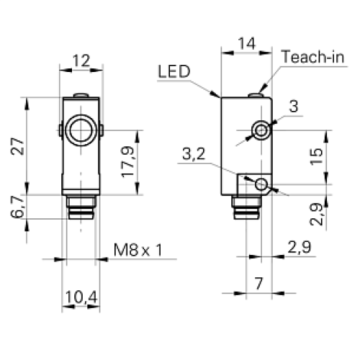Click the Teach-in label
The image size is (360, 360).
click(x=313, y=57)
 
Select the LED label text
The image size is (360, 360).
click(x=174, y=71)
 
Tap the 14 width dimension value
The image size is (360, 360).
click(x=247, y=43)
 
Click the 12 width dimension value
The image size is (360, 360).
click(x=81, y=60)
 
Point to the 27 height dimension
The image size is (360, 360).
click(x=18, y=146)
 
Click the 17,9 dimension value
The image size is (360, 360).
click(x=127, y=162)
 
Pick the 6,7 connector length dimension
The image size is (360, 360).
click(x=17, y=207)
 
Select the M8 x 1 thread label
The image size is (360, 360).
click(x=138, y=250)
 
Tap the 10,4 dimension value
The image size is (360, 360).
click(x=81, y=297)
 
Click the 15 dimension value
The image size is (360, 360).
click(x=317, y=156)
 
